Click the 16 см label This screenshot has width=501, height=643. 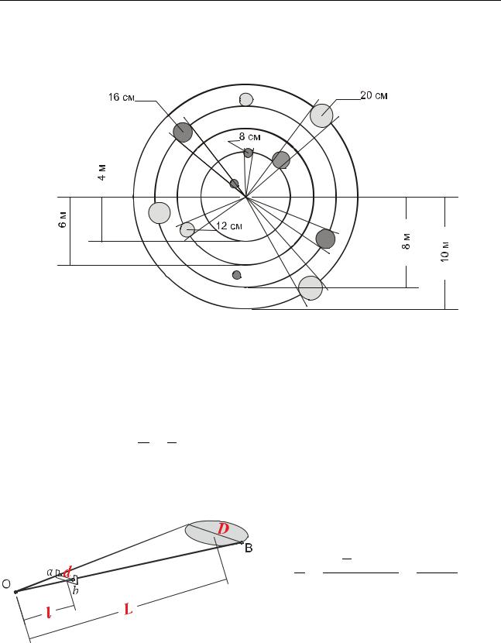pos(121,97)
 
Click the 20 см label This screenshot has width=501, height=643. pos(374,95)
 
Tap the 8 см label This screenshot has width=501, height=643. pos(249,136)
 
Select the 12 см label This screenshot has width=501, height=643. pos(228,226)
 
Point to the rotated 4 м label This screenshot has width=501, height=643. pos(102,172)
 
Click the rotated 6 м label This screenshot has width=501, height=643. pos(62,220)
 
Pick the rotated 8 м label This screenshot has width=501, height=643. pos(406,241)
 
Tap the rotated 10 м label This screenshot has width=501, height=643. pos(444,251)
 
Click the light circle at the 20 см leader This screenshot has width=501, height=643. pos(321,115)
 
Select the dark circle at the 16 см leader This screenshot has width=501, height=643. pos(183,132)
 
